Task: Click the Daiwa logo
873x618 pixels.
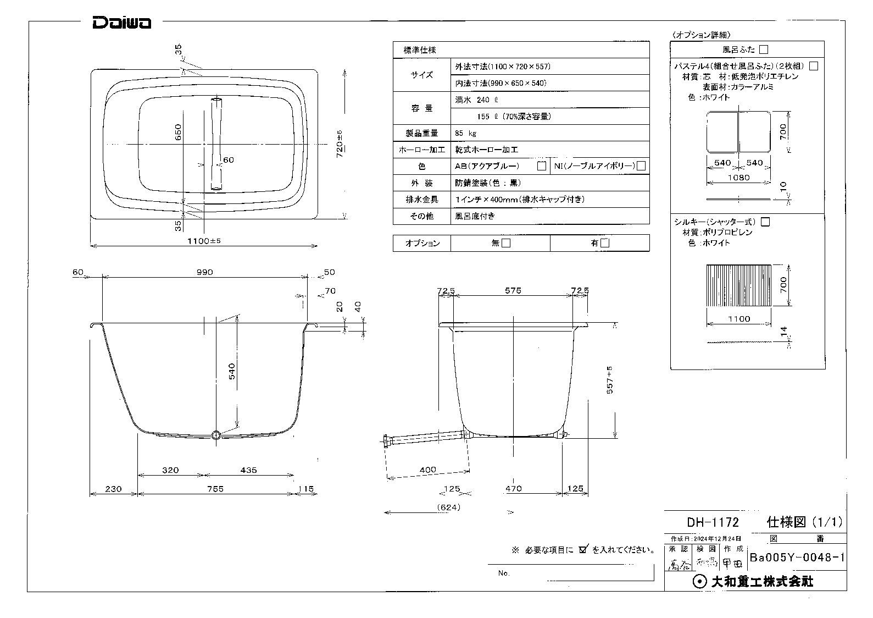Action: point(121,23)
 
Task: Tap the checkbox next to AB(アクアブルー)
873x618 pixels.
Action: point(542,166)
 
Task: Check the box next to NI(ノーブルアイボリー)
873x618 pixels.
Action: point(641,166)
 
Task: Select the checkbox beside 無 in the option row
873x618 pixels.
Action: point(507,243)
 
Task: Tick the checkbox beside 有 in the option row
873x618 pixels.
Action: point(605,243)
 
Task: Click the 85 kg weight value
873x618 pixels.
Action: point(465,133)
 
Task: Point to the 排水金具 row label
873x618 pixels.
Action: point(421,200)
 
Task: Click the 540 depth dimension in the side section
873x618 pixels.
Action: point(231,371)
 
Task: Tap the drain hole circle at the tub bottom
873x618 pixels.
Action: point(216,435)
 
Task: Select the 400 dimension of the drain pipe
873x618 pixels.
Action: point(427,470)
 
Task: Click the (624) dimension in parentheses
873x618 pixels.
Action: point(449,507)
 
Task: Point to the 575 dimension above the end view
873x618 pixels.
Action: point(513,290)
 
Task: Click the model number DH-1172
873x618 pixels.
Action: point(713,522)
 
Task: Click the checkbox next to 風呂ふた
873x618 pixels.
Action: point(763,49)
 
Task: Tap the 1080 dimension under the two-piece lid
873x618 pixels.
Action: point(738,178)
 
